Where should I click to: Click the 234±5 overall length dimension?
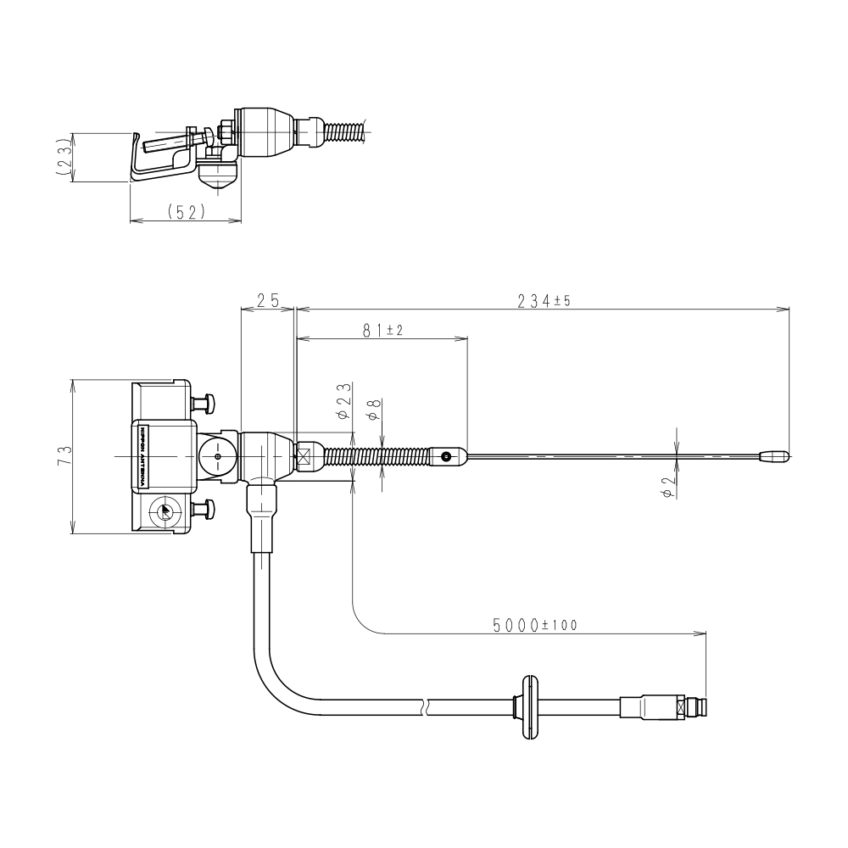pyautogui.click(x=543, y=301)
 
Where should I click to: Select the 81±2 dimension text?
pyautogui.click(x=382, y=332)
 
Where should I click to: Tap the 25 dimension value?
pyautogui.click(x=268, y=301)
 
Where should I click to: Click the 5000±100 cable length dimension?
pyautogui.click(x=534, y=625)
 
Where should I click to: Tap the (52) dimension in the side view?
pyautogui.click(x=186, y=213)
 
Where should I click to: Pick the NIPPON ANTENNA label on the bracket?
pyautogui.click(x=141, y=456)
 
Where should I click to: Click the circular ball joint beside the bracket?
pyautogui.click(x=218, y=456)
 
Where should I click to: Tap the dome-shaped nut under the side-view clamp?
pyautogui.click(x=217, y=179)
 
